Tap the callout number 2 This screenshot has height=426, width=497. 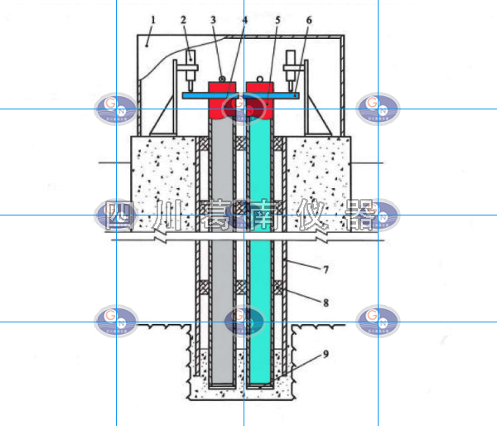tap(184, 18)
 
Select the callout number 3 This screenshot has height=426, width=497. tap(213, 18)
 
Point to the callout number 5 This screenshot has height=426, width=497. tap(277, 18)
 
